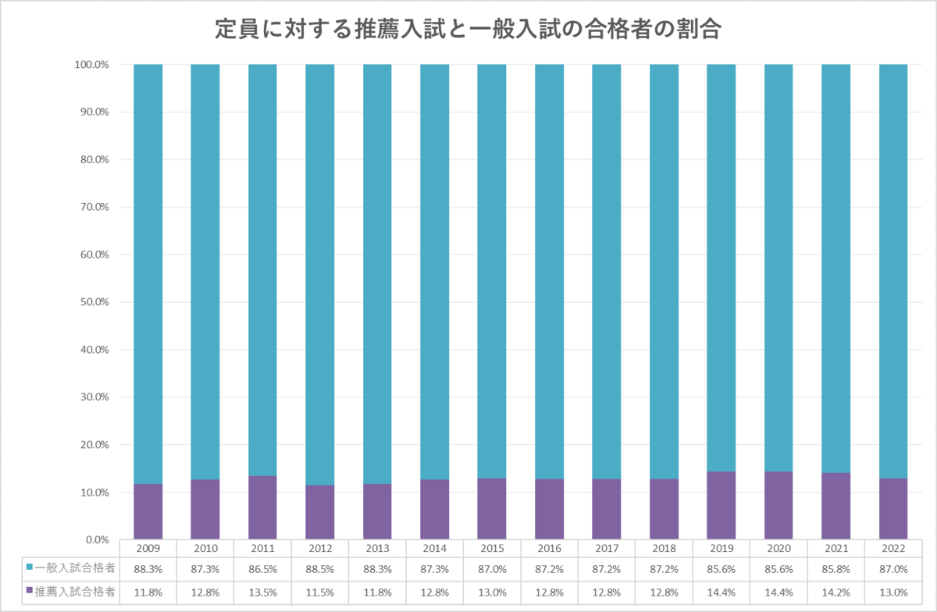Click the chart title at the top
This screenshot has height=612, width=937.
(468, 30)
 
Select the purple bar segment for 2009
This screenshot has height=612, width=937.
(148, 511)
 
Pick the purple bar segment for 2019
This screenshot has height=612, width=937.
(721, 505)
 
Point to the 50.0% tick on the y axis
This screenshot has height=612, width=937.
(91, 302)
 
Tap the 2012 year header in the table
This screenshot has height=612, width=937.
(320, 549)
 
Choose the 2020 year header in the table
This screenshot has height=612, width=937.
(778, 549)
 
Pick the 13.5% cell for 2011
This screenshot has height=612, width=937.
(263, 592)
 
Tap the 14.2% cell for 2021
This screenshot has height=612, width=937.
(835, 592)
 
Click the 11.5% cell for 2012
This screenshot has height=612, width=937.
(320, 592)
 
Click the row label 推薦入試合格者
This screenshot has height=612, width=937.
(76, 592)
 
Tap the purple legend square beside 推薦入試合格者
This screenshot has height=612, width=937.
(30, 591)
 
